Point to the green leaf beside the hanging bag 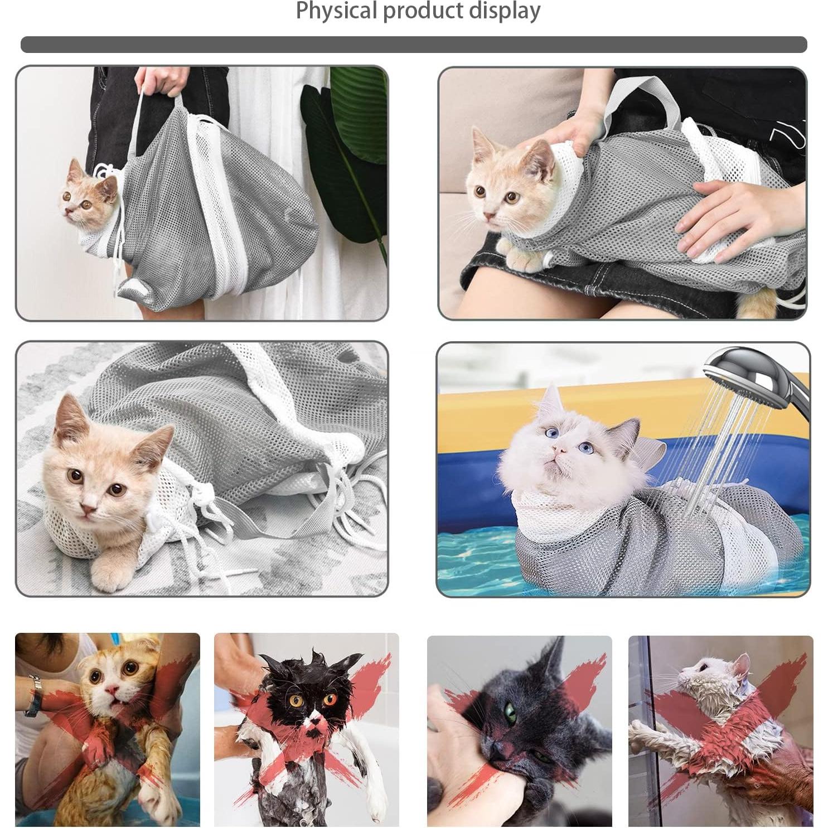click(346, 139)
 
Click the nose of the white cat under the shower click(559, 449)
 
